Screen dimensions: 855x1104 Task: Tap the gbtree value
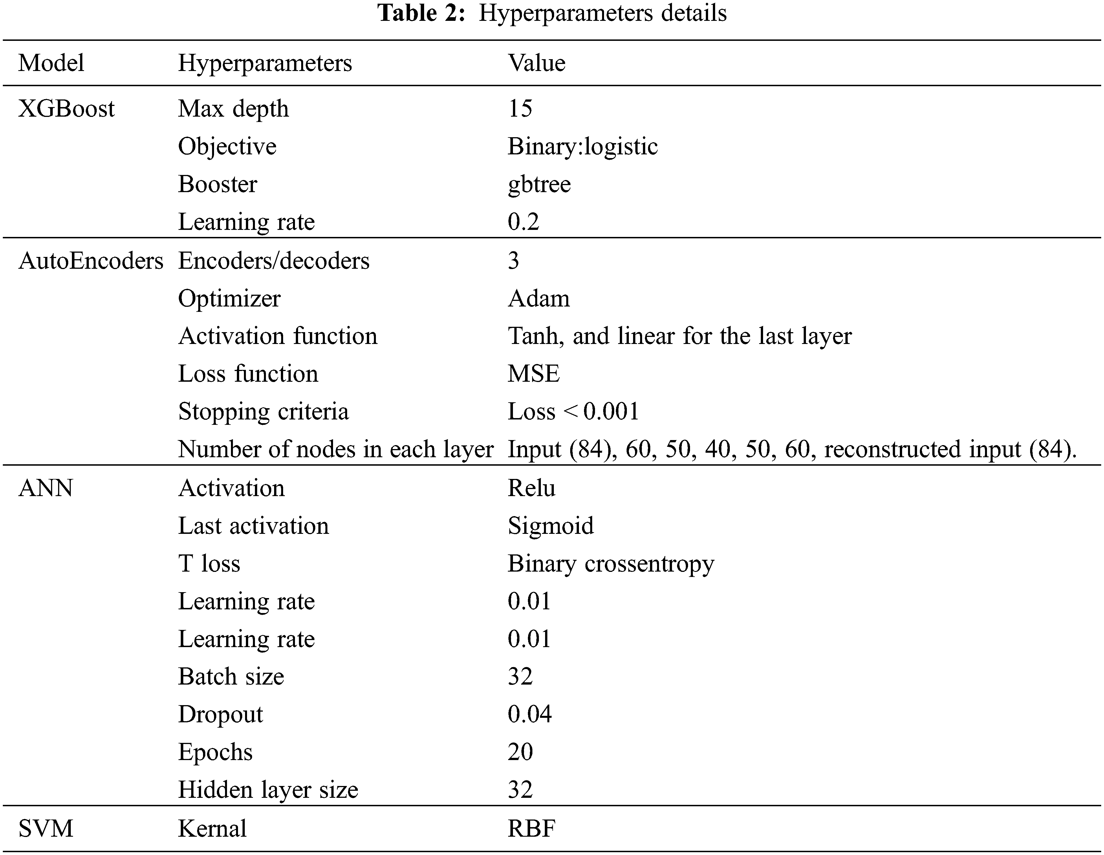tap(539, 184)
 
